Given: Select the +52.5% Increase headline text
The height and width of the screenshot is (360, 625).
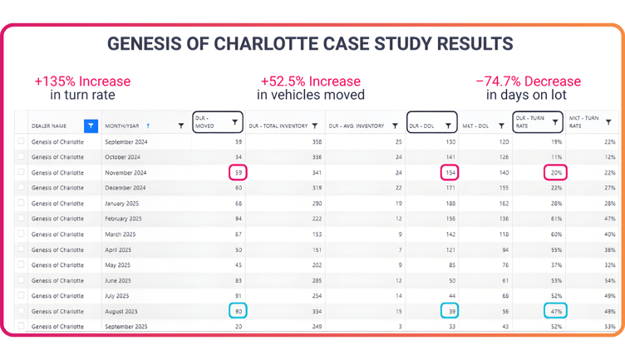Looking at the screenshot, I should [x=311, y=81].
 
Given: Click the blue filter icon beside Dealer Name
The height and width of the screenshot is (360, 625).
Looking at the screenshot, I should [x=91, y=126].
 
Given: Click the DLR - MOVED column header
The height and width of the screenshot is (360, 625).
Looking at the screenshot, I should [x=217, y=122].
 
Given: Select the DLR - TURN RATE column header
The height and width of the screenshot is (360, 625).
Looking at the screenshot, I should [x=538, y=122].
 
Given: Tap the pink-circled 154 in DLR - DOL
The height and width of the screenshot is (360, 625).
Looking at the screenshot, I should [x=449, y=173].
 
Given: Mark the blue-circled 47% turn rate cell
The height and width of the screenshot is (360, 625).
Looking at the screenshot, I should [x=555, y=311].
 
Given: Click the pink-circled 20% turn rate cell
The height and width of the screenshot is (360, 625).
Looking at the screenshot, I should [x=555, y=173].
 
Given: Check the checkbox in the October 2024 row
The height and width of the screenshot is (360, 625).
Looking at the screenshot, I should [x=21, y=157].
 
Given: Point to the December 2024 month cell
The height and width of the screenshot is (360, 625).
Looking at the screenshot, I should [x=124, y=188].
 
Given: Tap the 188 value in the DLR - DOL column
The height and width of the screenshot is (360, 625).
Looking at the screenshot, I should [x=450, y=204].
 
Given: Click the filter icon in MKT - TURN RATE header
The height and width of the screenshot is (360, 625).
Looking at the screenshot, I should [x=608, y=122].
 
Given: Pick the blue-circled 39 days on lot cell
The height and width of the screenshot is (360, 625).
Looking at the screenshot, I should [x=450, y=311].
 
